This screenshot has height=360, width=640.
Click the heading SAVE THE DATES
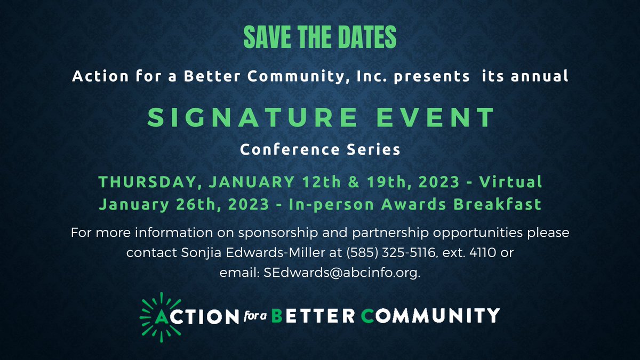[320, 37]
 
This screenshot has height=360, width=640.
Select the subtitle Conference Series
[320, 150]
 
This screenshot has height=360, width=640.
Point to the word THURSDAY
[150, 182]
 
